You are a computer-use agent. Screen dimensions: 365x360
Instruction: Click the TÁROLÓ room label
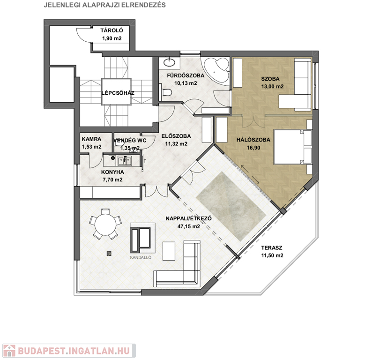click(112, 30)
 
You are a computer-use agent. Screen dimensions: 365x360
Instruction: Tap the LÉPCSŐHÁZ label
click(118, 93)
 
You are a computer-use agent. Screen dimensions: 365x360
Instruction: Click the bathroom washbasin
click(170, 62)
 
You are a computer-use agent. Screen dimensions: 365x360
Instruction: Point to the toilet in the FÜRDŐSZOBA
click(166, 92)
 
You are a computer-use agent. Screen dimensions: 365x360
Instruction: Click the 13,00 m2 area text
click(272, 86)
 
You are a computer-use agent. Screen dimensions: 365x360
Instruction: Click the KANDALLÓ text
click(141, 257)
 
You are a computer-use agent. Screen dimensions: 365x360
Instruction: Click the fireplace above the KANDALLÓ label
click(143, 238)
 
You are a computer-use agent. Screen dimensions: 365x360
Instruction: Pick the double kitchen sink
click(125, 161)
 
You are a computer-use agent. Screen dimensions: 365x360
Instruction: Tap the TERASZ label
click(272, 248)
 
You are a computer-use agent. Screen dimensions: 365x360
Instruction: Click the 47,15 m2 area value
click(188, 226)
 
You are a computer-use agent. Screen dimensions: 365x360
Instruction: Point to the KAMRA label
click(91, 139)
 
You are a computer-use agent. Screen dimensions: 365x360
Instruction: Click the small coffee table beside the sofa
click(169, 251)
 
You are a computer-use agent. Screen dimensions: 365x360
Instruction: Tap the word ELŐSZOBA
click(176, 136)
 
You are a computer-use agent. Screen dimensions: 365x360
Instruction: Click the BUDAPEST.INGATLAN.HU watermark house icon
click(9, 351)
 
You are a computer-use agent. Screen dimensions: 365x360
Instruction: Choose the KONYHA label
click(112, 172)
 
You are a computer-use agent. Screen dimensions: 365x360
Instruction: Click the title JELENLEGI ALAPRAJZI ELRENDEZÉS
click(105, 5)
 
